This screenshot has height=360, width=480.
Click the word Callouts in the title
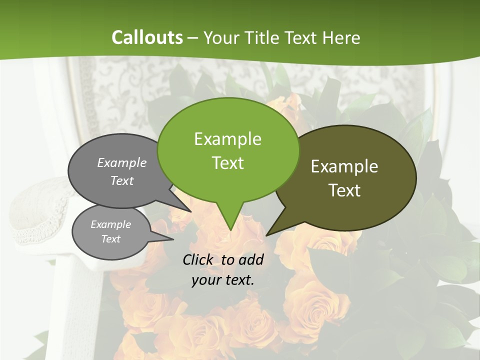point(147,37)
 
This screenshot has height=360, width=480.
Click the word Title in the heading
point(264,37)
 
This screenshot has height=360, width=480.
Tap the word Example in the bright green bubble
point(227,139)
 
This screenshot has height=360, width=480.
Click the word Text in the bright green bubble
point(227,162)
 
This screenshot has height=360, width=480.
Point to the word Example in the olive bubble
point(344,166)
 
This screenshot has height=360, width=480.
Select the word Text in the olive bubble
point(344,190)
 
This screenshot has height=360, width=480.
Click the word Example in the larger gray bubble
point(122,162)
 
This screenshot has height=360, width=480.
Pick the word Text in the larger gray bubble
point(122,180)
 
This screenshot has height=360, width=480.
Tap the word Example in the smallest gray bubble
point(110,224)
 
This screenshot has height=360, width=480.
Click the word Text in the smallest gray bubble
point(110,239)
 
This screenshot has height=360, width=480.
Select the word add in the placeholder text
point(251,259)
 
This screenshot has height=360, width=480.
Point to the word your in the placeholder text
point(205,280)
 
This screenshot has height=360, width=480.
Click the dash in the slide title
point(192,37)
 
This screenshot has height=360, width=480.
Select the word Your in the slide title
point(220,37)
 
